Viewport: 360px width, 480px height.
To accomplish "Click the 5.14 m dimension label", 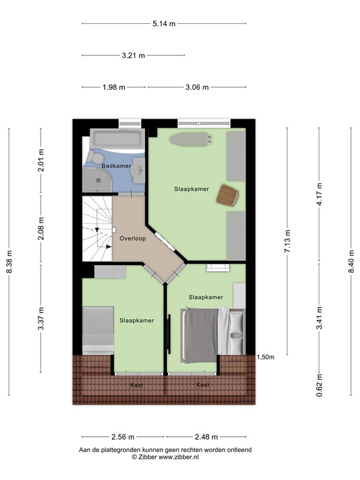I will tap(164, 24).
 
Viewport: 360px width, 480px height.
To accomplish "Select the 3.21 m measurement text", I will tap(133, 55).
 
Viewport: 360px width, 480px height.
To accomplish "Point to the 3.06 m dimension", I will tap(197, 87).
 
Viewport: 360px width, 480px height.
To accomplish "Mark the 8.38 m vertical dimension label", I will tap(9, 262).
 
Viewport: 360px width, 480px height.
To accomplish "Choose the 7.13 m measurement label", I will tap(287, 241).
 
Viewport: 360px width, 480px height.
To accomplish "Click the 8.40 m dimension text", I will tap(352, 262).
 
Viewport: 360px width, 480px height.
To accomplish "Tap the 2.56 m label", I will tap(123, 437).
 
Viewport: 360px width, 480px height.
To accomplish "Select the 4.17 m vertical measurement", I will tap(319, 193).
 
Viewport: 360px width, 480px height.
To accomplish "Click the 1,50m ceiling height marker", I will tap(266, 357).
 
